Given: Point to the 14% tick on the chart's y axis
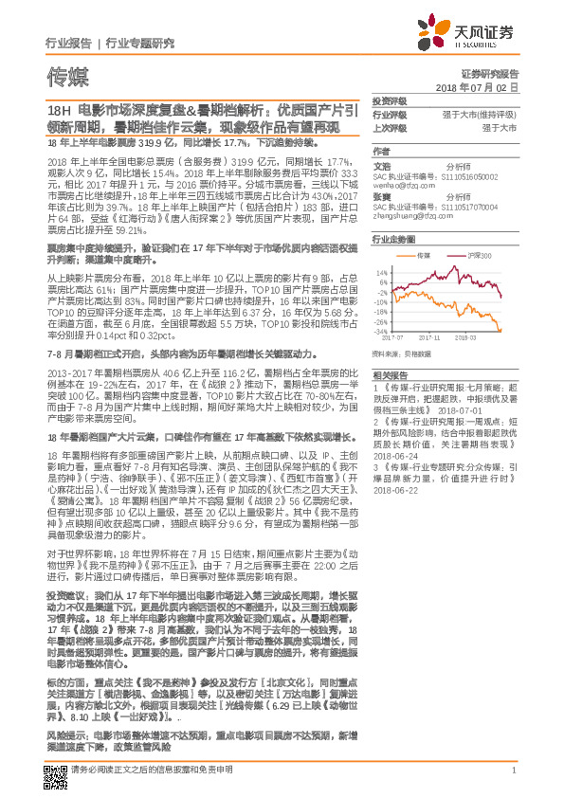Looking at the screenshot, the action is click(x=380, y=272).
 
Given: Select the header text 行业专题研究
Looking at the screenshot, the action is click(x=140, y=43).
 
